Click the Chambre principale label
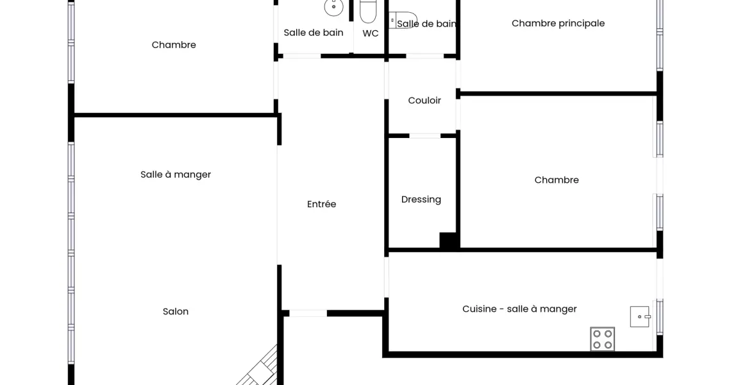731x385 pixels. pyautogui.click(x=558, y=23)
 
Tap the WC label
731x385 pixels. pyautogui.click(x=371, y=33)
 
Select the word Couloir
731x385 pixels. pyautogui.click(x=424, y=100)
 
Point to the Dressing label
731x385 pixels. pyautogui.click(x=421, y=200)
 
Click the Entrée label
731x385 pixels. pyautogui.click(x=322, y=204)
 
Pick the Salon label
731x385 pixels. pyautogui.click(x=176, y=311)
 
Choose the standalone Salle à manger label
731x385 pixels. pyautogui.click(x=176, y=175)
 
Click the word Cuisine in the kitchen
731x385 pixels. pyautogui.click(x=479, y=309)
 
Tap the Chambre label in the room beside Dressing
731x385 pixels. pyautogui.click(x=557, y=180)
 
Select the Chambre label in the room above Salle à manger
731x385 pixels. pyautogui.click(x=174, y=45)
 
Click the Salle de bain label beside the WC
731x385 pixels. pyautogui.click(x=314, y=33)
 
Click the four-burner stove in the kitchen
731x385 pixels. pyautogui.click(x=602, y=339)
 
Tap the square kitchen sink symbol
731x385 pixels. pyautogui.click(x=640, y=316)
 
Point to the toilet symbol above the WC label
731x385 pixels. pyautogui.click(x=368, y=11)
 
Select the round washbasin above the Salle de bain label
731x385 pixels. pyautogui.click(x=334, y=7)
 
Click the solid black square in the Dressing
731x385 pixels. pyautogui.click(x=448, y=241)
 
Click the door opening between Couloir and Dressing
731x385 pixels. pyautogui.click(x=424, y=136)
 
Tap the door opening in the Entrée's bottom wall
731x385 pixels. pyautogui.click(x=308, y=313)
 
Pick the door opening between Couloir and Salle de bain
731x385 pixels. pyautogui.click(x=424, y=56)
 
